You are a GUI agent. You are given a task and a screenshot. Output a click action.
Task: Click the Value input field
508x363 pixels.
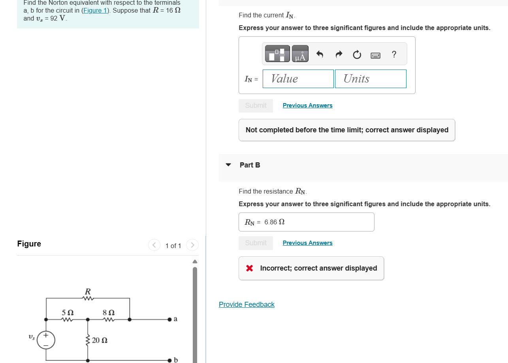(298, 79)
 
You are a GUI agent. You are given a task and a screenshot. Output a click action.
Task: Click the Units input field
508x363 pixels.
(370, 79)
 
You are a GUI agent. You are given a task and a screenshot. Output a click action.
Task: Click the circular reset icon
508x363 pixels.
(357, 55)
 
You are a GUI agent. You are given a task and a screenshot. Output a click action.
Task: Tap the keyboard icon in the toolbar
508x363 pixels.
(375, 55)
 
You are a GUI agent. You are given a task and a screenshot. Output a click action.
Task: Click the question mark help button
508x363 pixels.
(393, 55)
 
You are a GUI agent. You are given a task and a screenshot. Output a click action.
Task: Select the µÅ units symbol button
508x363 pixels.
(300, 54)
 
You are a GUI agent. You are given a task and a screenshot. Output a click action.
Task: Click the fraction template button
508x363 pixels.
(277, 54)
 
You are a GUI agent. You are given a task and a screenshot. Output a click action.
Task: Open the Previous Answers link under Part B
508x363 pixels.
(307, 243)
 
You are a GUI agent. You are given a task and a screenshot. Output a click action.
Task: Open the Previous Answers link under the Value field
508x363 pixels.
(307, 105)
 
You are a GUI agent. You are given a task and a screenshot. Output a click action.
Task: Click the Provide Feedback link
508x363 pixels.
(246, 305)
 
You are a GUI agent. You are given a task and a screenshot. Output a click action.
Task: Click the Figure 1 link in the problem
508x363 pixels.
(94, 11)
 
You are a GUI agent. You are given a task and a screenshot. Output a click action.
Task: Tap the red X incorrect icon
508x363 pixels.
(249, 268)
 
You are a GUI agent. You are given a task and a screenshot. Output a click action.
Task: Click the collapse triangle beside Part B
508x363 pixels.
(228, 165)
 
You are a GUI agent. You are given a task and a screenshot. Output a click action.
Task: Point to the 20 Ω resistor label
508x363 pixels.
(100, 340)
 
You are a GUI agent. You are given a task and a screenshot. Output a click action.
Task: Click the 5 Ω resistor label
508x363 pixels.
(68, 312)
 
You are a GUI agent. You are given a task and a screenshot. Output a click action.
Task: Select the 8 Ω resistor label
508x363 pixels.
(108, 312)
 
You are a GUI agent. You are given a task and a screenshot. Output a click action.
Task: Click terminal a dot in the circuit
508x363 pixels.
(169, 319)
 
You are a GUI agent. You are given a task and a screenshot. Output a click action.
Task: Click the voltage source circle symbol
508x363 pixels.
(46, 340)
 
